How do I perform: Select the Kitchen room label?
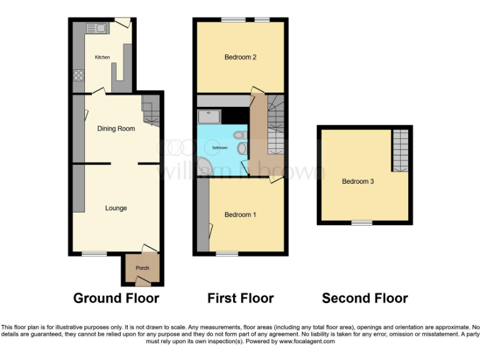pos(102,57)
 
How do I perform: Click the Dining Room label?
pos(116,129)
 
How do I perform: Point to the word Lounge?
pos(116,208)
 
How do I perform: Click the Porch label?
pos(142,268)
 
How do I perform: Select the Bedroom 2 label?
pos(241,57)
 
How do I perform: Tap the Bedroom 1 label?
pos(240,215)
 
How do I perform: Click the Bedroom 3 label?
pos(357,182)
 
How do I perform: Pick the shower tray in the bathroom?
pos(207,117)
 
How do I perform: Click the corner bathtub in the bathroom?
pos(204,166)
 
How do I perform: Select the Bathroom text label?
pos(219,148)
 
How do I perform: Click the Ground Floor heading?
pos(116,298)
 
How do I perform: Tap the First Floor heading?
pos(241,298)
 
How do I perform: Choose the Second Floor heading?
pos(364,298)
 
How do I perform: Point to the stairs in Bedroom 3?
pos(400,150)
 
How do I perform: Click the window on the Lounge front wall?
pos(94,254)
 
